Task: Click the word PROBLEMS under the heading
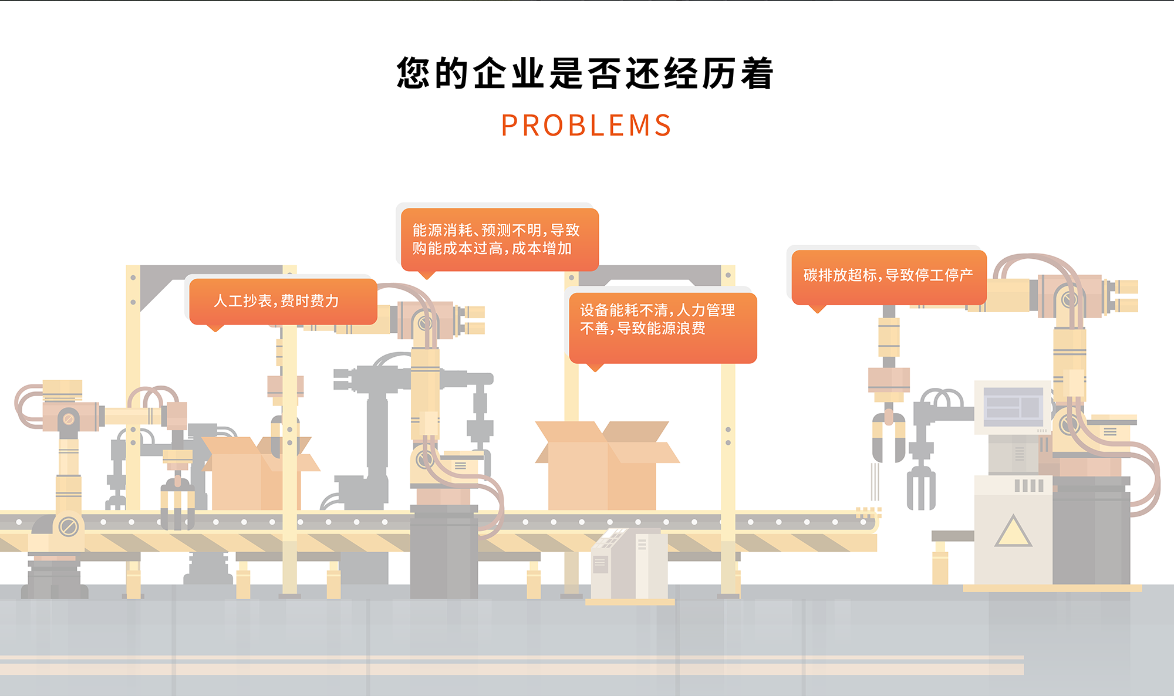point(586,126)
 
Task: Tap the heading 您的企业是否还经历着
point(585,74)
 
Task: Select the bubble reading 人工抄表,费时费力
point(283,301)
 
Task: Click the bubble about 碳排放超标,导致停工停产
point(888,276)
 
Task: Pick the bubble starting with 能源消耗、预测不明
point(499,239)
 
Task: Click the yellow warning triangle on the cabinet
point(1013,532)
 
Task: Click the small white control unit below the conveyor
point(629,563)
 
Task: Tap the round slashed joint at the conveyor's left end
point(68,526)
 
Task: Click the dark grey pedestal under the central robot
point(444,552)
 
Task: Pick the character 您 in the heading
point(414,74)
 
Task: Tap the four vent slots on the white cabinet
point(1029,485)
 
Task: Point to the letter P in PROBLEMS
point(509,126)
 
